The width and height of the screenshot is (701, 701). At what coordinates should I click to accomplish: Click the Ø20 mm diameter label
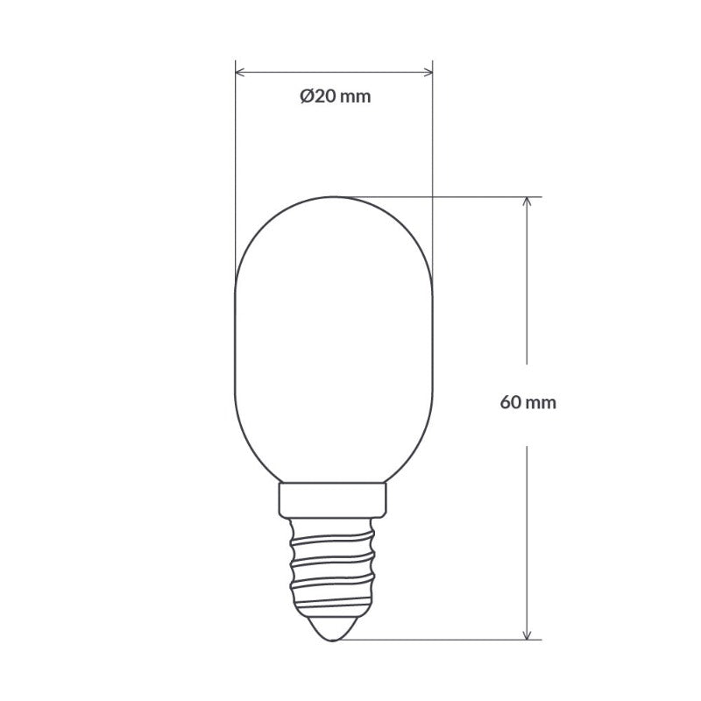[x=335, y=97]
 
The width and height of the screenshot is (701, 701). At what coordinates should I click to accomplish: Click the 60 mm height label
[x=528, y=403]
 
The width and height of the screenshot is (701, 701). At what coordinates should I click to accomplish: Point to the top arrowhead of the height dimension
[x=527, y=202]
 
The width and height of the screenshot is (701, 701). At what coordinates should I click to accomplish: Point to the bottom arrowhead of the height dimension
[x=527, y=633]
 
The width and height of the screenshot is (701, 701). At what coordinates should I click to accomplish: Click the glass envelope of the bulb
[x=335, y=350]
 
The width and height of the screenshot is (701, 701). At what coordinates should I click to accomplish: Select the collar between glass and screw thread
[x=335, y=499]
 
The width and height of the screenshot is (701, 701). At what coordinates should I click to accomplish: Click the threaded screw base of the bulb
[x=335, y=561]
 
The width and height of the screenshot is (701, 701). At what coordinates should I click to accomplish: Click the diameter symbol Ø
[x=305, y=97]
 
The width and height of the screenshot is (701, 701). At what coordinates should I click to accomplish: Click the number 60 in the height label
[x=510, y=403]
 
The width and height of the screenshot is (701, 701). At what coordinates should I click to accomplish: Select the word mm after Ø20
[x=355, y=97]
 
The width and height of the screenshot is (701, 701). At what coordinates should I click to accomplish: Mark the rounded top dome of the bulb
[x=335, y=219]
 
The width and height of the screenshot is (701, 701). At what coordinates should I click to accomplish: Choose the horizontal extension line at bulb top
[x=438, y=196]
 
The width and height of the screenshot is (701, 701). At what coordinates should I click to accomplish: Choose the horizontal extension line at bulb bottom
[x=438, y=639]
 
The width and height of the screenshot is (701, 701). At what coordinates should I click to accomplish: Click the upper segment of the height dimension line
[x=527, y=289]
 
